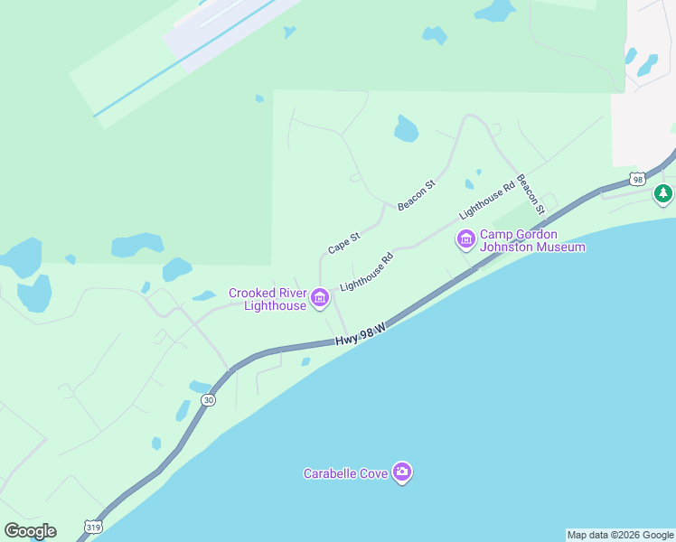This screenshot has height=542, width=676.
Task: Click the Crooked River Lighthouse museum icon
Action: (319, 297)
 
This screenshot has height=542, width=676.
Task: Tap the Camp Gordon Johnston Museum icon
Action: (466, 239)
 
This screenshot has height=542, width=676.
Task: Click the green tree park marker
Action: (664, 192)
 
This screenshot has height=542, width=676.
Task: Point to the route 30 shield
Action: (209, 399)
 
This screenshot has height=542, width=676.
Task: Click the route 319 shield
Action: (92, 527)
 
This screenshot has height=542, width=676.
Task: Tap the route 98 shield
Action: (638, 179)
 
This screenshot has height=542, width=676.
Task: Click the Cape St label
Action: (343, 242)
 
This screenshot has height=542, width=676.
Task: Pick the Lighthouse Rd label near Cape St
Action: (367, 272)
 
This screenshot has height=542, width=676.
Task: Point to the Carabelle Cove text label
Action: (345, 473)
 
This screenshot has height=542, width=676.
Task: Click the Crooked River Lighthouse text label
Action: (268, 299)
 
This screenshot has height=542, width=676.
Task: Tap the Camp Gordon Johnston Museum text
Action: (532, 240)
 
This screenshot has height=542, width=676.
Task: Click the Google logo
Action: (30, 531)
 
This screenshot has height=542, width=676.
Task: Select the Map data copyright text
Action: (620, 535)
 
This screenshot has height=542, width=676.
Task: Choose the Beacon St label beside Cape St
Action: (417, 195)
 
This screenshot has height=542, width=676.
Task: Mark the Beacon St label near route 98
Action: (531, 194)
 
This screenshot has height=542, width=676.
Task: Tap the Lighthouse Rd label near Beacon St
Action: (486, 199)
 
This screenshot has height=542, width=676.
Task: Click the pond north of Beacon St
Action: (406, 129)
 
